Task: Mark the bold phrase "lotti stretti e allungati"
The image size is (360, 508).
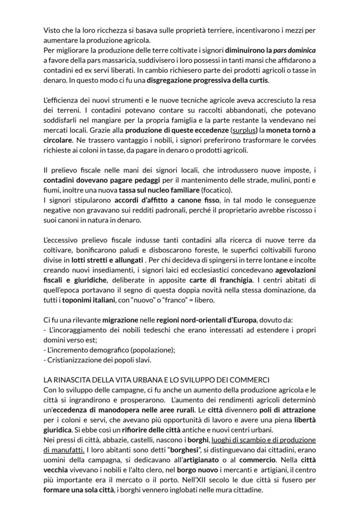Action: tap(107, 260)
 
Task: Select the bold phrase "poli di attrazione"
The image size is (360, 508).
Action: tap(287, 410)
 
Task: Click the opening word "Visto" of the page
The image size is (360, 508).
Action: tap(52, 30)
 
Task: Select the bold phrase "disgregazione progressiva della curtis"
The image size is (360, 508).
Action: tap(208, 80)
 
